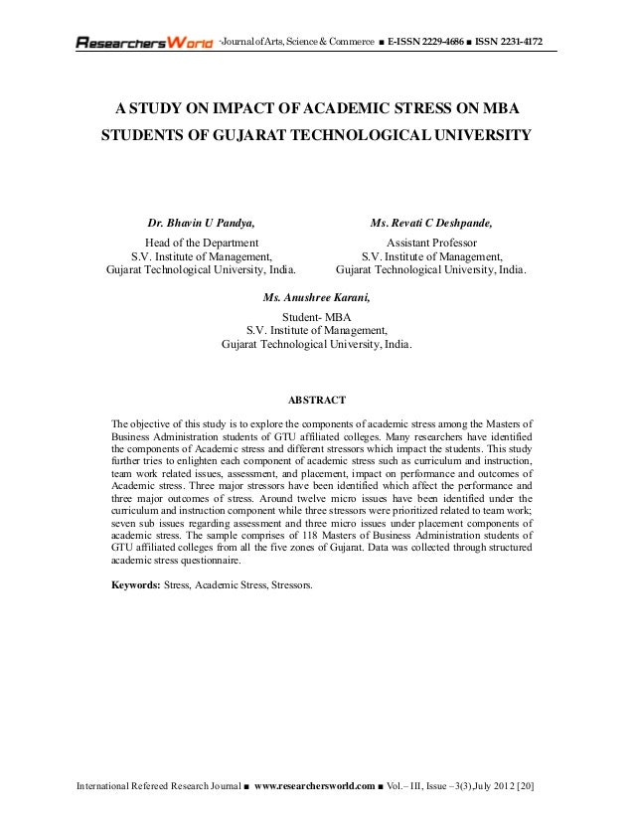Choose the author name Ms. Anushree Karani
[x=318, y=297]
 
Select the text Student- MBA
[x=317, y=317]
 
